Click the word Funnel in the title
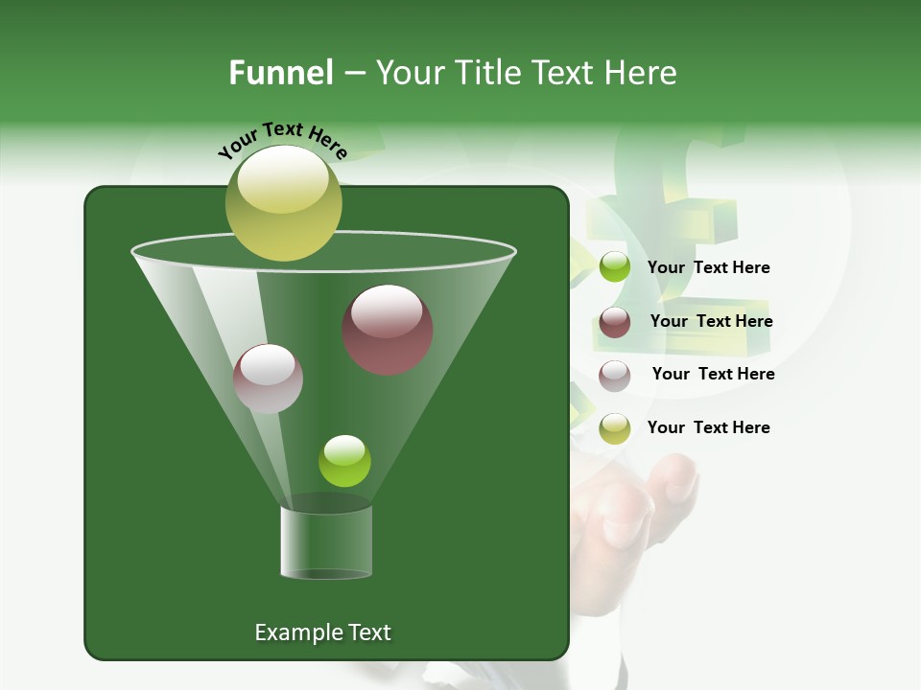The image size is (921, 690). tap(280, 73)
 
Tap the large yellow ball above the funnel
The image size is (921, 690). tap(283, 203)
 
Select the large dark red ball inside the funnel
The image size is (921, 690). tap(388, 330)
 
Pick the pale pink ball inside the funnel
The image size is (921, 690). tap(268, 379)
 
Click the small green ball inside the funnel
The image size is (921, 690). tap(344, 461)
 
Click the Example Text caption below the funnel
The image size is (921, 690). tap(322, 632)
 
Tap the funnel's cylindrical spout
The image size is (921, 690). tap(326, 542)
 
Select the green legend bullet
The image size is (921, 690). tap(615, 267)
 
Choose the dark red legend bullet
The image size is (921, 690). tap(615, 322)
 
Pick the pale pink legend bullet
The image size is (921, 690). tap(615, 375)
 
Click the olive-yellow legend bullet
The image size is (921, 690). tap(615, 428)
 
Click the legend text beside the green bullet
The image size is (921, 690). tap(708, 268)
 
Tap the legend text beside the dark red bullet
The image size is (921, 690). tap(711, 322)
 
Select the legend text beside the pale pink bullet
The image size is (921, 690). tap(713, 375)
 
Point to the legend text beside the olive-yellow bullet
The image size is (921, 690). tap(708, 428)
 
